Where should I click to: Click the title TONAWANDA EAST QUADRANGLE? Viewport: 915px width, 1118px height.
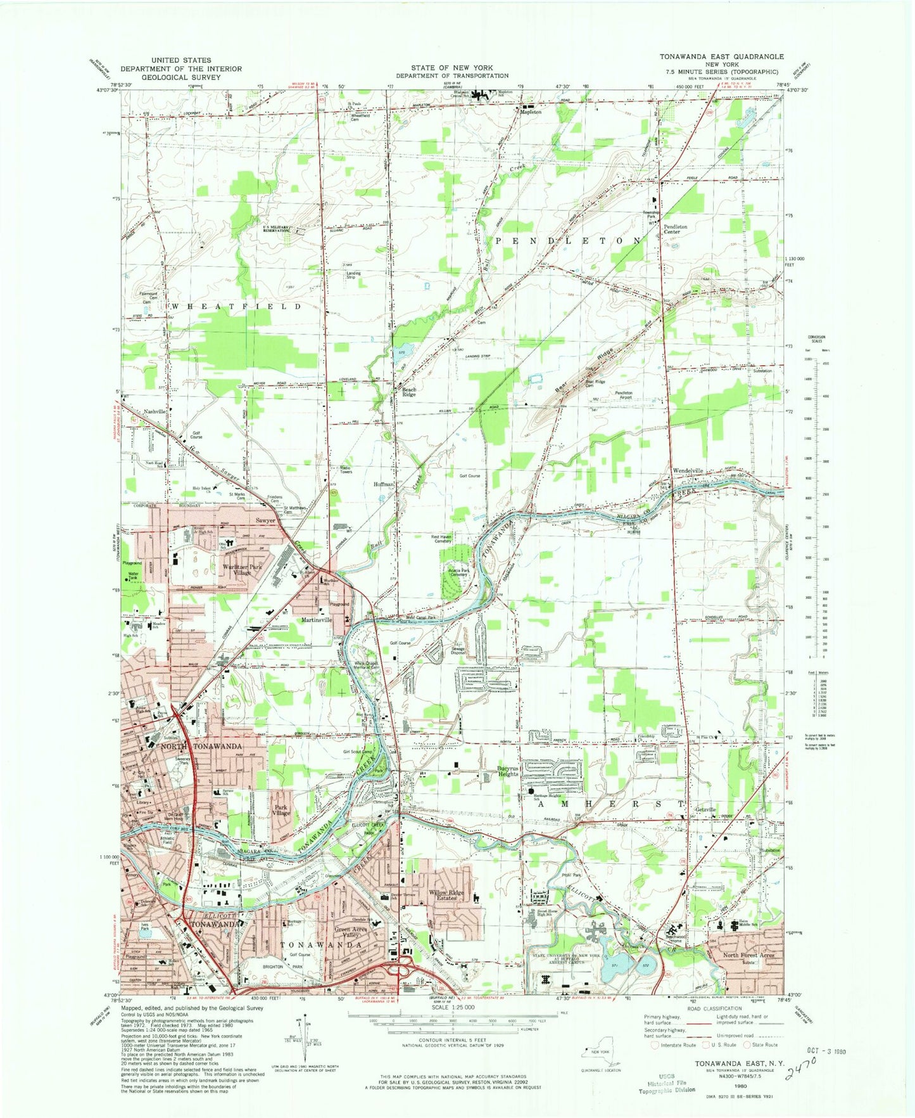click(x=721, y=56)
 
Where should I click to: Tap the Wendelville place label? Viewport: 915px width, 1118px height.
click(x=688, y=471)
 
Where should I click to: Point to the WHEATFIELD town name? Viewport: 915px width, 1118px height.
click(x=237, y=306)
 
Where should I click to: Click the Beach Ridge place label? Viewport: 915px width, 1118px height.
click(x=409, y=392)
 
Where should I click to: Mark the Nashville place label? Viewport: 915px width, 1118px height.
click(x=155, y=411)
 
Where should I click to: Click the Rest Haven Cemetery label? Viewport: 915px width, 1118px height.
click(x=441, y=539)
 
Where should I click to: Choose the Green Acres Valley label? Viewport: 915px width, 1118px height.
click(x=351, y=932)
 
